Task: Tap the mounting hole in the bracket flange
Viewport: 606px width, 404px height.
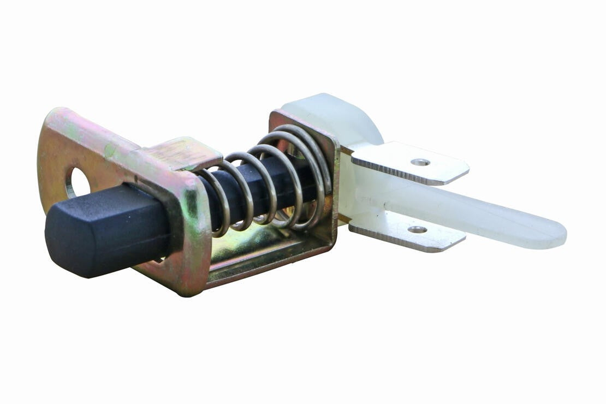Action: click(78, 183)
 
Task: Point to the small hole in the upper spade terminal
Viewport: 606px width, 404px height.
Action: click(420, 162)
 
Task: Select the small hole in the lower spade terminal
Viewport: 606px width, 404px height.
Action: click(417, 230)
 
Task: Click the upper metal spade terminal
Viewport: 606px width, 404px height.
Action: click(409, 163)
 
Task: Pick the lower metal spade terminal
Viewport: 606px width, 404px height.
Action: click(407, 232)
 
